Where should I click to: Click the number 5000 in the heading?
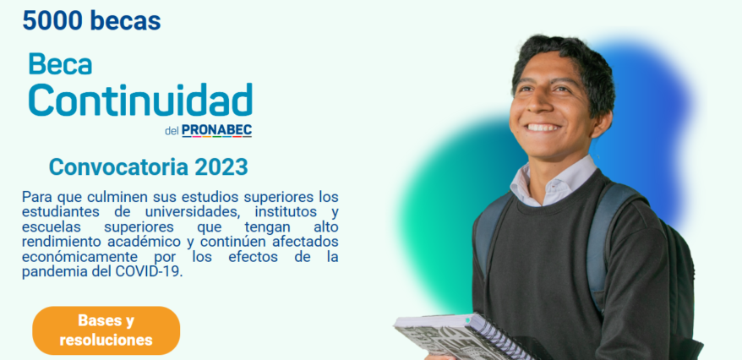click(52, 20)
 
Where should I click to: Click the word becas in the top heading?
click(125, 20)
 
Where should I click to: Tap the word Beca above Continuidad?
click(60, 64)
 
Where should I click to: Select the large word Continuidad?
click(140, 100)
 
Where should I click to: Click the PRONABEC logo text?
click(216, 130)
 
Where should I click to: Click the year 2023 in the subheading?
click(221, 166)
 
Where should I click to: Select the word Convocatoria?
click(119, 166)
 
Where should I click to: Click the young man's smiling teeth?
click(543, 128)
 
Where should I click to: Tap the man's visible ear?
click(602, 123)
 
